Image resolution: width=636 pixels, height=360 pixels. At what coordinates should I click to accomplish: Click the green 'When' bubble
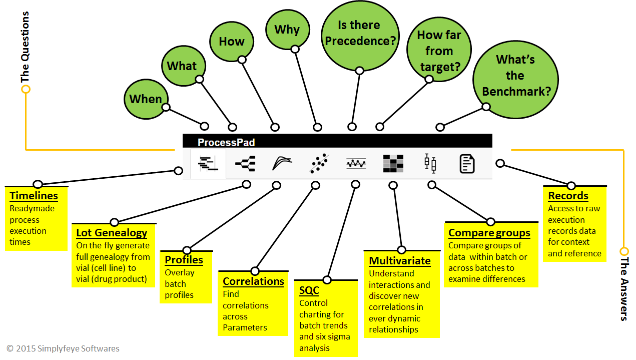[146, 99]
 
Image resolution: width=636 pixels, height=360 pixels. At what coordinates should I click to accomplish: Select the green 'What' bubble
[182, 66]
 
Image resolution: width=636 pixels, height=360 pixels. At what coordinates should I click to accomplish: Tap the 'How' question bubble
[231, 42]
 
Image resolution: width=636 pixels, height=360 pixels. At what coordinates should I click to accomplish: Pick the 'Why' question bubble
[287, 30]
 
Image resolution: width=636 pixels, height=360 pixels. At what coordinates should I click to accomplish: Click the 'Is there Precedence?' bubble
[360, 33]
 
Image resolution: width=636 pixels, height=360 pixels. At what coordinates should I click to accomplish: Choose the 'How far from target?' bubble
[439, 51]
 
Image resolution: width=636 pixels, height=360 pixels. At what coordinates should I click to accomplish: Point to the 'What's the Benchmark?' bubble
[515, 76]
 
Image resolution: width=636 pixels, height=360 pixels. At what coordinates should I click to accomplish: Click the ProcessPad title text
[226, 142]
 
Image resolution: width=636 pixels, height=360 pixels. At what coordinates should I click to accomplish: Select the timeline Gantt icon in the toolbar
[208, 164]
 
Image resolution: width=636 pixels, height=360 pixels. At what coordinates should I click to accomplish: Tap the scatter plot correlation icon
[319, 164]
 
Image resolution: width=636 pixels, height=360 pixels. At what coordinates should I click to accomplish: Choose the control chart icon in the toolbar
[356, 164]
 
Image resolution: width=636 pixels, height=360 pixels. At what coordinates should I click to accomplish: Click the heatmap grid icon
[393, 164]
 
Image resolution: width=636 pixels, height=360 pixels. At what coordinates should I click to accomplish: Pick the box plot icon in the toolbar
[430, 164]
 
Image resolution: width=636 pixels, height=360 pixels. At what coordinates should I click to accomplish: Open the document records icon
[467, 164]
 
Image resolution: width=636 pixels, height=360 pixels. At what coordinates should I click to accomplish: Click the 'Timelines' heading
[34, 196]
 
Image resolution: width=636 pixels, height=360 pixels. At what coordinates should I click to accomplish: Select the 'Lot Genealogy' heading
[112, 233]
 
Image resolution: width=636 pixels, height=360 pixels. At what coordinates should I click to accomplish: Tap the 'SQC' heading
[309, 290]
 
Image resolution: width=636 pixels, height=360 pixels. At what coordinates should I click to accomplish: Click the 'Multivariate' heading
[399, 261]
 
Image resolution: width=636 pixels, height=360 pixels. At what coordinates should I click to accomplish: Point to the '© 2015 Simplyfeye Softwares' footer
[63, 348]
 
